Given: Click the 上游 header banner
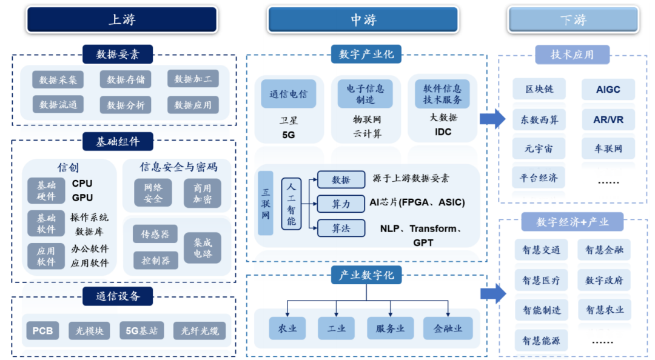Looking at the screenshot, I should (121, 19).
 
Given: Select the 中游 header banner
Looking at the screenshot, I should (363, 19).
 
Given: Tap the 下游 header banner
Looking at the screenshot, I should (573, 19).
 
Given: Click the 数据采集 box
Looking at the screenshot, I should (58, 79).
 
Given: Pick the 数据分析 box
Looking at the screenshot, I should (126, 105).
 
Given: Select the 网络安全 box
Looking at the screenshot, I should (153, 193).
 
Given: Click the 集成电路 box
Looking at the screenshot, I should (203, 248).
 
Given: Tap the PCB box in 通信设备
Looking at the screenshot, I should (42, 331).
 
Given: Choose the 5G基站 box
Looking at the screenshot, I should (142, 331).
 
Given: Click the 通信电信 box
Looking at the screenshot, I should (289, 94).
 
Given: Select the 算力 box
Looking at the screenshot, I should (341, 204).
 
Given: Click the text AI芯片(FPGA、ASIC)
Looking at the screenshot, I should (417, 202).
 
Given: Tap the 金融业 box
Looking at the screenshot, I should (448, 328).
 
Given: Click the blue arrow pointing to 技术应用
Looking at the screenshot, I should (492, 119).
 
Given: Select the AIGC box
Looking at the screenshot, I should (608, 89).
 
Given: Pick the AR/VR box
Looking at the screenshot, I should (608, 119).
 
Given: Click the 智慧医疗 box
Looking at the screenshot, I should (541, 280).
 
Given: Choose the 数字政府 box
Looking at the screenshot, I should (604, 280).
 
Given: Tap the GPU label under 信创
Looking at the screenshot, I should (82, 197).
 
